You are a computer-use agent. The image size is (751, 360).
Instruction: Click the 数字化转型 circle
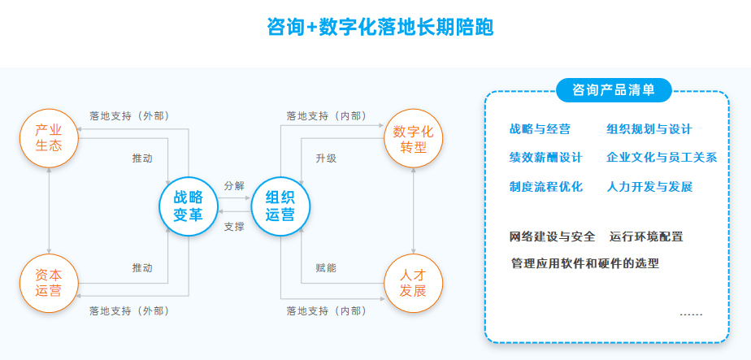pos(413,139)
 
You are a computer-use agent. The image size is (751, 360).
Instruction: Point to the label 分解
pos(234,186)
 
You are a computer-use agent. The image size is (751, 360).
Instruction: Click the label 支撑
pos(234,227)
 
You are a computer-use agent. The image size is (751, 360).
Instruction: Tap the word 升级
pos(326,158)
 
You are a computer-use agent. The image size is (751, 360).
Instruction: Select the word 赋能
pos(326,267)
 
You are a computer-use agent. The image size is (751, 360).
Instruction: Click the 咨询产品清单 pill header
pos(614,90)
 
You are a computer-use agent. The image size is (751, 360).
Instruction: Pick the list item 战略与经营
pos(540,129)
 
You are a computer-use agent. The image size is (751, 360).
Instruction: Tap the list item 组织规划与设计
pos(649,129)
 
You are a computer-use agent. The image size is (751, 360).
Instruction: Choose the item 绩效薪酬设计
pos(545,158)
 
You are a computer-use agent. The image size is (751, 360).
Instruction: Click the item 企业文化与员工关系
pos(661,158)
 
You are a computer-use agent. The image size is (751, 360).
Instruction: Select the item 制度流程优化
pos(545,186)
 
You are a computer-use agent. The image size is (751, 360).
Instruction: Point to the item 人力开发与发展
pos(649,186)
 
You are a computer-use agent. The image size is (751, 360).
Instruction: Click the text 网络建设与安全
pos(552,236)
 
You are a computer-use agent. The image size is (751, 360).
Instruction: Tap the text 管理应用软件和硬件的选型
pos(584,263)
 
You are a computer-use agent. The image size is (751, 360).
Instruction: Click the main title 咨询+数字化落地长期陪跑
pos(380,28)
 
